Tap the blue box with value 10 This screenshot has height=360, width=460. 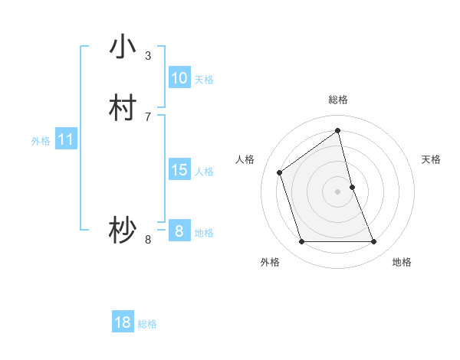pos(179,78)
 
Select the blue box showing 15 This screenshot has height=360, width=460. pos(179,170)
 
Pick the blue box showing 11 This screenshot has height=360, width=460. pos(65,140)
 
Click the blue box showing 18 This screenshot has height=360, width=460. pos(123,322)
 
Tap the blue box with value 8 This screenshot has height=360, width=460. pos(179,231)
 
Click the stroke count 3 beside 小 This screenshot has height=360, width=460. pos(148,56)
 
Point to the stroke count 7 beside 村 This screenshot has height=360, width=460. pos(148,116)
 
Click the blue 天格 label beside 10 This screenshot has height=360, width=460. pos(204,80)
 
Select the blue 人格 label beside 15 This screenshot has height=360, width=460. pos(204,172)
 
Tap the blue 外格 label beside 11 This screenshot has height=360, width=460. pos(41,141)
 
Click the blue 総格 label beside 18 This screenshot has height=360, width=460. pos(147,324)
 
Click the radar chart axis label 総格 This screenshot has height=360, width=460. pos(338,100)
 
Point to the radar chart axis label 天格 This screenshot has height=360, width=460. pos(432,159)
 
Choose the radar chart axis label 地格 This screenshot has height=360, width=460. pos(402,263)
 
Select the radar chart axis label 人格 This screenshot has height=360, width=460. pos(245,159)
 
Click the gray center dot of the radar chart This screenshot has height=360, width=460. pos(338,191)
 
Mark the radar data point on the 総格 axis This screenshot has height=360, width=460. pos(338,131)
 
